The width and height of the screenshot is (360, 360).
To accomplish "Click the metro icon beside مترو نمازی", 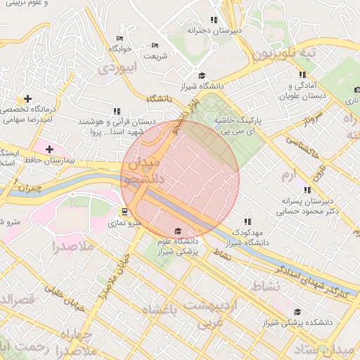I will click(x=125, y=212).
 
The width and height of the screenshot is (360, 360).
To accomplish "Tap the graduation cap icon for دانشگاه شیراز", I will click(x=201, y=76).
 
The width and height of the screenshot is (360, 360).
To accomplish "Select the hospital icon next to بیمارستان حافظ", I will click(x=49, y=149).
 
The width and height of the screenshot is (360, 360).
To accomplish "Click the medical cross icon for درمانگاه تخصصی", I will click(x=27, y=98).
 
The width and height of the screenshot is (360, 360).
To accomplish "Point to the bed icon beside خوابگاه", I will click(x=120, y=38).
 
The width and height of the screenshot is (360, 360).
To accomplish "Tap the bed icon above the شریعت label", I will click(x=155, y=46).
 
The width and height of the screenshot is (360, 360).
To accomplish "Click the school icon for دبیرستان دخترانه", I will click(x=214, y=20).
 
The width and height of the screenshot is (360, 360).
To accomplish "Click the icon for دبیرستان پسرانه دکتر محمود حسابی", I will click(x=307, y=190).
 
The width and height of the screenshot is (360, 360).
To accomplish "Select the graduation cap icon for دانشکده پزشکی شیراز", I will click(x=297, y=311).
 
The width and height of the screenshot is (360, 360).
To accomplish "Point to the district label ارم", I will click(x=288, y=173).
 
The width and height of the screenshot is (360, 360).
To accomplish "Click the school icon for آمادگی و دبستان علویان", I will click(x=302, y=75).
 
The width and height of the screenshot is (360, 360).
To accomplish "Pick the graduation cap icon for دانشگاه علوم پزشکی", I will click(x=177, y=231).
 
